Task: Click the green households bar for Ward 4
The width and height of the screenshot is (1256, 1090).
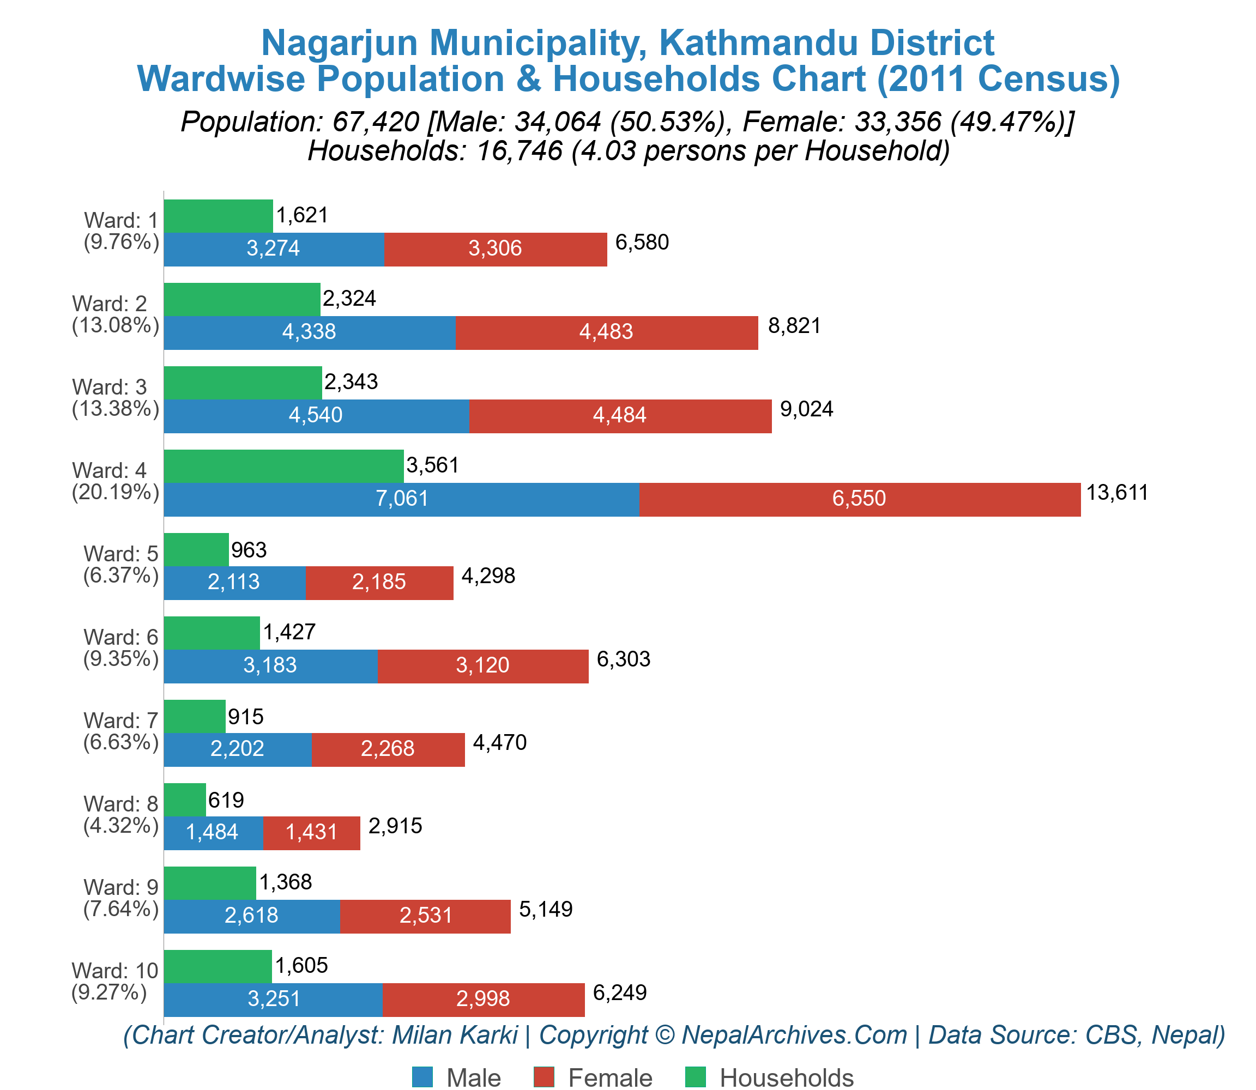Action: (x=283, y=466)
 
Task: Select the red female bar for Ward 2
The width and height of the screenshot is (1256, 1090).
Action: (x=607, y=332)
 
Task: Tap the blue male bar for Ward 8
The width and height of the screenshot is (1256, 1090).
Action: (x=213, y=833)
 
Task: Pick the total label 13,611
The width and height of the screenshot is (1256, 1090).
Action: (x=1117, y=493)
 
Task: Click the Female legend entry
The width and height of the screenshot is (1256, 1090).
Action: (x=593, y=1078)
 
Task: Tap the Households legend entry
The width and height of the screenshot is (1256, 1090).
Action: (x=770, y=1078)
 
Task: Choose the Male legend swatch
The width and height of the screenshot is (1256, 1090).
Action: (x=422, y=1077)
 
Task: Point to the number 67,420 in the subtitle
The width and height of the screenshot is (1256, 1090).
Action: (x=376, y=122)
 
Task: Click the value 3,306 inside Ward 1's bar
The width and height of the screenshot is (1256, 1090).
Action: (x=496, y=249)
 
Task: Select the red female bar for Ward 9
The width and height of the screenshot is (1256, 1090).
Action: (x=425, y=916)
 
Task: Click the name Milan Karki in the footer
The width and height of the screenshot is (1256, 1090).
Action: (x=454, y=1034)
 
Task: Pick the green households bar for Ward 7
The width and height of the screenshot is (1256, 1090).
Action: (x=195, y=717)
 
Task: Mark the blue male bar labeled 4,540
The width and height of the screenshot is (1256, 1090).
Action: (x=316, y=416)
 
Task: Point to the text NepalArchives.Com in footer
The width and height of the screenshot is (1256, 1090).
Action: (x=794, y=1034)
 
